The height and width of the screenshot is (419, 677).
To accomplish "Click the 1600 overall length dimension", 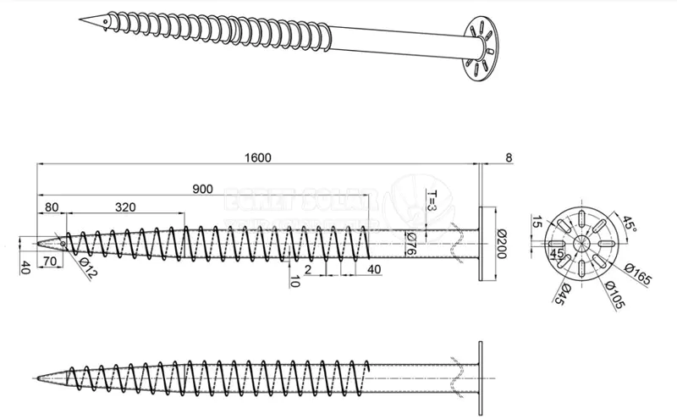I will coord(259,157).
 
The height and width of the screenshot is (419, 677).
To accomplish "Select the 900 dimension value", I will coord(202,189).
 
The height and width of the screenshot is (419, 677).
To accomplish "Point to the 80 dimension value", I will coord(52,206).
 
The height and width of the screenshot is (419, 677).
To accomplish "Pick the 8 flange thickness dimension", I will coord(508,157).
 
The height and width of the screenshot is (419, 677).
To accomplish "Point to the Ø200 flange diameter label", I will coord(501,242).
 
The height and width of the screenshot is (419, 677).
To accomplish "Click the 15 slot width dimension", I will coord(537,223).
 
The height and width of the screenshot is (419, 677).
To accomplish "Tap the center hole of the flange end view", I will coord(583,242).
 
